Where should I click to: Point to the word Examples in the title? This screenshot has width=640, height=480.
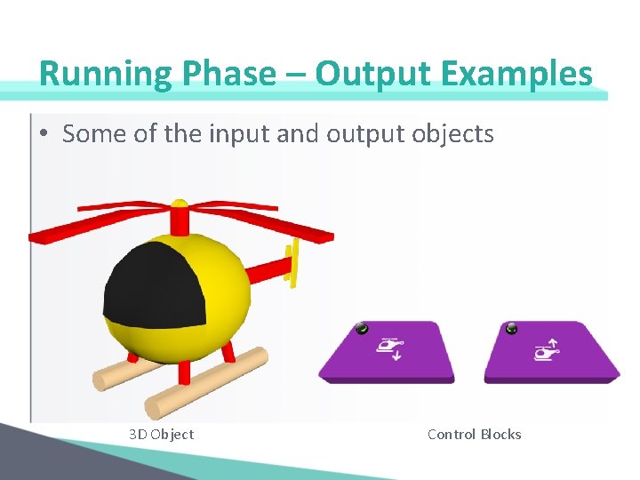point(515,74)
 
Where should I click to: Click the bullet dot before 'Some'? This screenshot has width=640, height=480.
point(44,134)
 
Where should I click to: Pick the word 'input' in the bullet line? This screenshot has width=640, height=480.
point(239,134)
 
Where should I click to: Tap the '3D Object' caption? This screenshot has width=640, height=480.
point(161,434)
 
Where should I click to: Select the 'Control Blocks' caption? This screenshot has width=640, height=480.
point(474,434)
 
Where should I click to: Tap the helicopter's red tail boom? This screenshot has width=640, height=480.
point(267,268)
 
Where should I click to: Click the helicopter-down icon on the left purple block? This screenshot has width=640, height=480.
point(389,348)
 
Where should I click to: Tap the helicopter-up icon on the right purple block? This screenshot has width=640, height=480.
point(546,349)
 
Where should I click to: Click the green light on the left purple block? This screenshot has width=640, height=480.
point(361,329)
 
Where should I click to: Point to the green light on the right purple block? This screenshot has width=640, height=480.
point(512,329)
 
